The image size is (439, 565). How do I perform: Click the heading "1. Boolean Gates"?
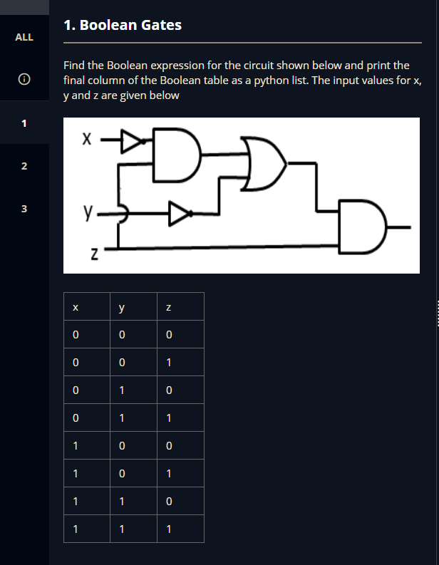click(123, 26)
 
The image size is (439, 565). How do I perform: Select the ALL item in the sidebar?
click(24, 37)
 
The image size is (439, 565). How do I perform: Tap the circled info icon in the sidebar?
click(24, 81)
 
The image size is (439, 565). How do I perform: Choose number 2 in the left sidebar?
click(24, 167)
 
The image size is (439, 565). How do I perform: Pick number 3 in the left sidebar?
click(24, 209)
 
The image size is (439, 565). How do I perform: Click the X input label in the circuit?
click(86, 140)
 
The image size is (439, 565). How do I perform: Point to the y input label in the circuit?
click(87, 212)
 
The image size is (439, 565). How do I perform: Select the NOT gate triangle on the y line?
click(179, 212)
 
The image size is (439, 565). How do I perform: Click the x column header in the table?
click(75, 308)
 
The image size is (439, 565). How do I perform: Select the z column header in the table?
click(168, 308)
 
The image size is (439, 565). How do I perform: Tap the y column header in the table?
click(122, 308)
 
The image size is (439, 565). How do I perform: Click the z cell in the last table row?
click(168, 529)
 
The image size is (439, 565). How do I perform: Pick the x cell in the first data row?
click(75, 335)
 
